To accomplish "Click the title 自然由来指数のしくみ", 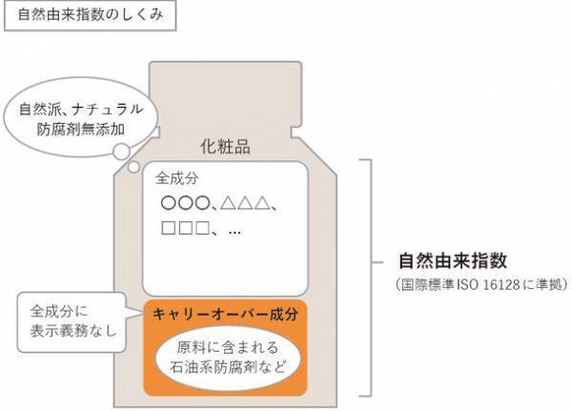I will (x=86, y=19).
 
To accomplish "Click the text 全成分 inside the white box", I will (x=175, y=178).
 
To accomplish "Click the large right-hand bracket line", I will (x=372, y=277).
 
